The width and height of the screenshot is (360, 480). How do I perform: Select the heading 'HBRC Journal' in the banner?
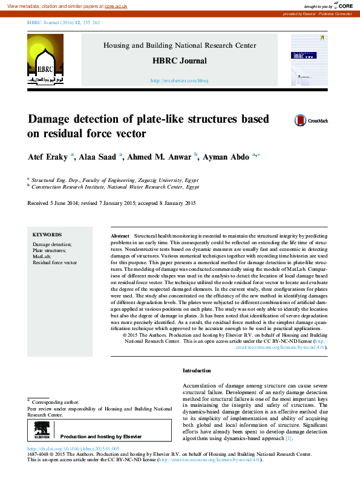coord(180,60)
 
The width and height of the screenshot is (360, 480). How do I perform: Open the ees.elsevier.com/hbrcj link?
coord(180,80)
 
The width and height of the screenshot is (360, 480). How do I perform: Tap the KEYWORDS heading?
coord(47,235)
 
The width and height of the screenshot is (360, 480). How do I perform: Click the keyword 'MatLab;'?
coord(42,256)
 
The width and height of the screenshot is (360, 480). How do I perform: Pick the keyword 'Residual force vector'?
coord(55,263)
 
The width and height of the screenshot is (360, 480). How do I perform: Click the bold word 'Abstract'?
coord(120,235)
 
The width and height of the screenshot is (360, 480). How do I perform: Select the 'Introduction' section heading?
coord(197,371)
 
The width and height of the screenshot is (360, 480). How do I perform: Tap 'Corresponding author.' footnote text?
coord(55,401)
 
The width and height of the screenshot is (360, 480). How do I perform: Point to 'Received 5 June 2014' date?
coord(55,203)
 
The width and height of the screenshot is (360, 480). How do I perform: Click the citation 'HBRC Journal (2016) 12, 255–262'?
coord(64,22)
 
